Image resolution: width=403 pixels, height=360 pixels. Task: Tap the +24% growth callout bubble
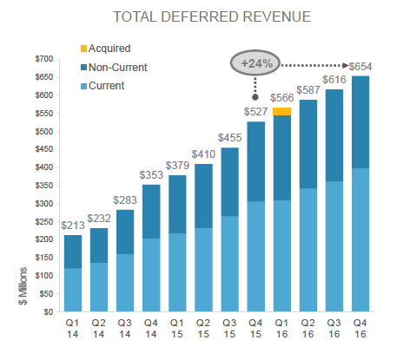click(x=258, y=64)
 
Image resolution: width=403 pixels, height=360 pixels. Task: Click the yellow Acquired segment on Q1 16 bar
click(x=282, y=111)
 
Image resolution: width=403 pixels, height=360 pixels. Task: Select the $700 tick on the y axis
click(x=40, y=58)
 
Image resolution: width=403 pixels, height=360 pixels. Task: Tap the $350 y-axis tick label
click(x=40, y=185)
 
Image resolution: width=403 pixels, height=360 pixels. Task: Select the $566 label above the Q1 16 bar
click(x=282, y=98)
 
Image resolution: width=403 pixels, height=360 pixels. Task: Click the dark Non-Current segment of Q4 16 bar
click(x=359, y=121)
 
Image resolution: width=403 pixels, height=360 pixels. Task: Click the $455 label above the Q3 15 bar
click(x=231, y=138)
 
